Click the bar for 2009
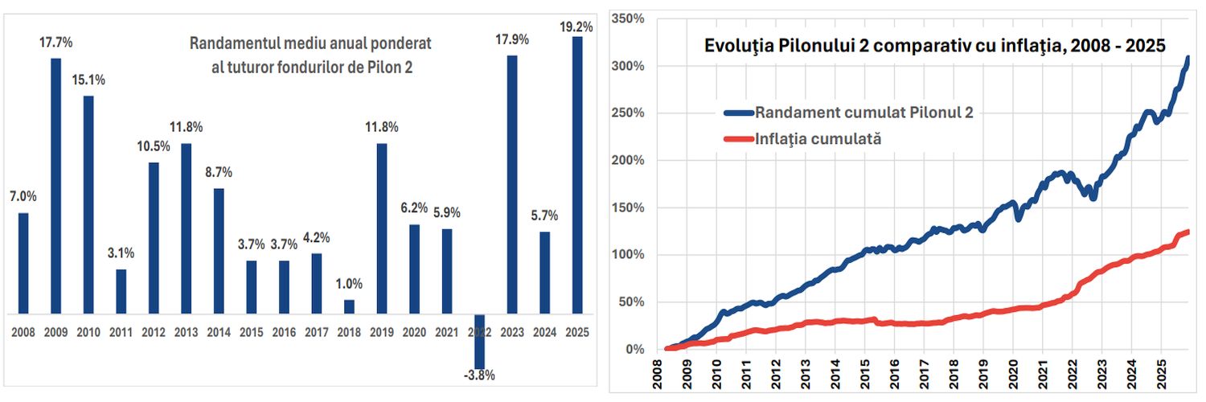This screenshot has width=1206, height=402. (56, 186)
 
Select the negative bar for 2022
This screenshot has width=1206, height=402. (479, 341)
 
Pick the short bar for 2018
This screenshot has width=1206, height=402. (349, 306)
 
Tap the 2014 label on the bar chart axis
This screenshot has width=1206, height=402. (219, 330)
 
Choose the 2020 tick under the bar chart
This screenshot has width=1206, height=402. (414, 330)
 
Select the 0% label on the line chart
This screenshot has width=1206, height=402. (635, 350)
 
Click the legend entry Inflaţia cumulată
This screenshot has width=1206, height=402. (819, 138)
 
